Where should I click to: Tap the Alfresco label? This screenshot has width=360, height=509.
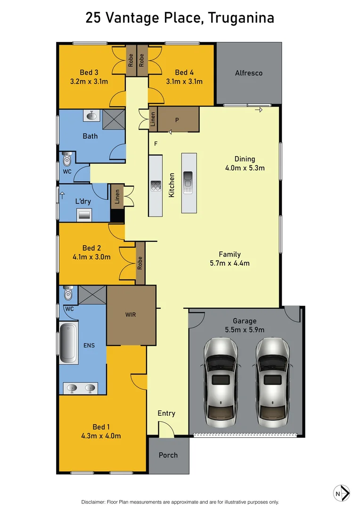coord(249,73)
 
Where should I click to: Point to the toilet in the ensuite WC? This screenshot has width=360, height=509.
coord(68,294)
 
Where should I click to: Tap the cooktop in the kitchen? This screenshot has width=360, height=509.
coord(156,186)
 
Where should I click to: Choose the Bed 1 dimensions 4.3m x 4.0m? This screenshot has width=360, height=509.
coord(100,436)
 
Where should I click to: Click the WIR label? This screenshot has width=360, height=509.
coord(131,314)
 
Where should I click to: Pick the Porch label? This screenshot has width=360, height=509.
coord(168,455)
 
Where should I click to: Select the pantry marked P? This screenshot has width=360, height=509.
coord(177,120)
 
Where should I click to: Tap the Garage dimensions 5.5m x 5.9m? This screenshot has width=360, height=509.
coord(244,329)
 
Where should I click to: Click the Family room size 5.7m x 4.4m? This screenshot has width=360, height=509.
coord(229,263)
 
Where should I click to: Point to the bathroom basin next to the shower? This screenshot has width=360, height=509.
coord(90,115)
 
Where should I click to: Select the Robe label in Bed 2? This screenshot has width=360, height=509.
coord(140,263)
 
